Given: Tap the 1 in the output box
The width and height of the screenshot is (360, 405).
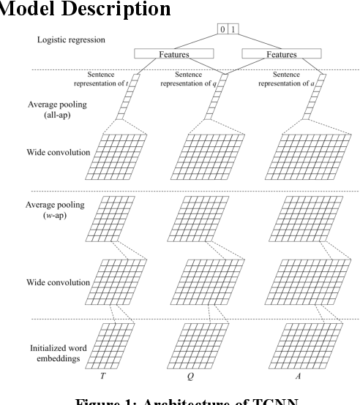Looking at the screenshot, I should pyautogui.click(x=233, y=29).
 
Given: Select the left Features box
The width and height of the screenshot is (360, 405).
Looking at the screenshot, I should pyautogui.click(x=168, y=54).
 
